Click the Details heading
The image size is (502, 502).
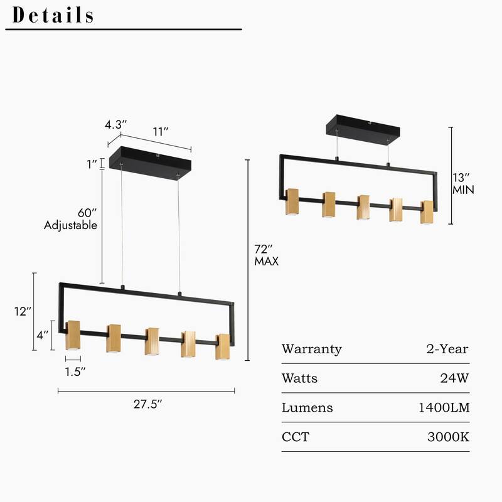point(53,14)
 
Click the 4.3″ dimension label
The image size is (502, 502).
point(116,124)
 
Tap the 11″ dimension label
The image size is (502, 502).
point(161,132)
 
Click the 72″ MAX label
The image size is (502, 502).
point(266,255)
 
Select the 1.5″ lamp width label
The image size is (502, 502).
point(75,371)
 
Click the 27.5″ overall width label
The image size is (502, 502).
point(147,404)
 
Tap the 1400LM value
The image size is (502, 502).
point(444,408)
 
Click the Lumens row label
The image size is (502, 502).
point(307,408)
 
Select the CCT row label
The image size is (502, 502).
point(296,437)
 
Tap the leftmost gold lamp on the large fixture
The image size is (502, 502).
point(73,336)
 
